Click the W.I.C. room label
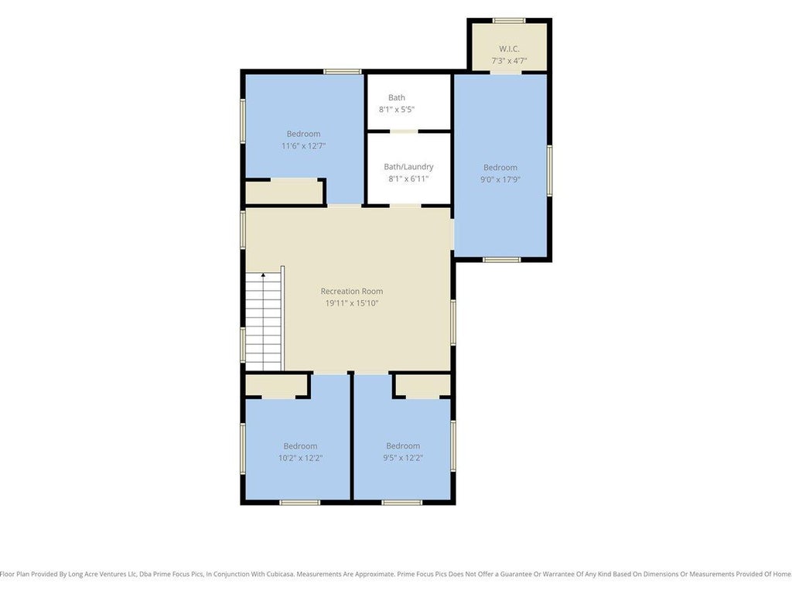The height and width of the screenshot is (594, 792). pos(509,49)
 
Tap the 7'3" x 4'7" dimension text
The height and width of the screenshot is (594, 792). pos(509,61)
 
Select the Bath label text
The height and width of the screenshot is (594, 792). pos(397,97)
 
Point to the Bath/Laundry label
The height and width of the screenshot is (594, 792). pos(408,167)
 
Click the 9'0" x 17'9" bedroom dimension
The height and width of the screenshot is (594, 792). pos(500,179)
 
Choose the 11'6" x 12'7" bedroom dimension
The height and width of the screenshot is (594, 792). pos(303,146)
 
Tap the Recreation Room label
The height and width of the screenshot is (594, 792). pos(352,292)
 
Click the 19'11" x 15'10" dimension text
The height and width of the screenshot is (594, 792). pos(352,303)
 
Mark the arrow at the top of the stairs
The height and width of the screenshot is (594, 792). pos(263,276)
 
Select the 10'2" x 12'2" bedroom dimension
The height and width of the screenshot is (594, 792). pos(301,458)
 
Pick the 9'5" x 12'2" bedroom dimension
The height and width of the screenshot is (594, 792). pos(403,458)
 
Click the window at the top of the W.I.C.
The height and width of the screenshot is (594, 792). pos(509,21)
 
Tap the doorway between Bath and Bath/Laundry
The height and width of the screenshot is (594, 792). pos(404,131)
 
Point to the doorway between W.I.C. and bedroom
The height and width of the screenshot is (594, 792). pos(506,72)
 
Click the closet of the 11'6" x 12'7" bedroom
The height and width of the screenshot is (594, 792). pos(284,193)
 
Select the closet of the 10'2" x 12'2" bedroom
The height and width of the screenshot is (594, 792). pos(276,385)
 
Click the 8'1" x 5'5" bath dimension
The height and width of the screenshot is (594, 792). pos(397,110)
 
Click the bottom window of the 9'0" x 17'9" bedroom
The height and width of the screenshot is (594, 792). pos(501,260)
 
